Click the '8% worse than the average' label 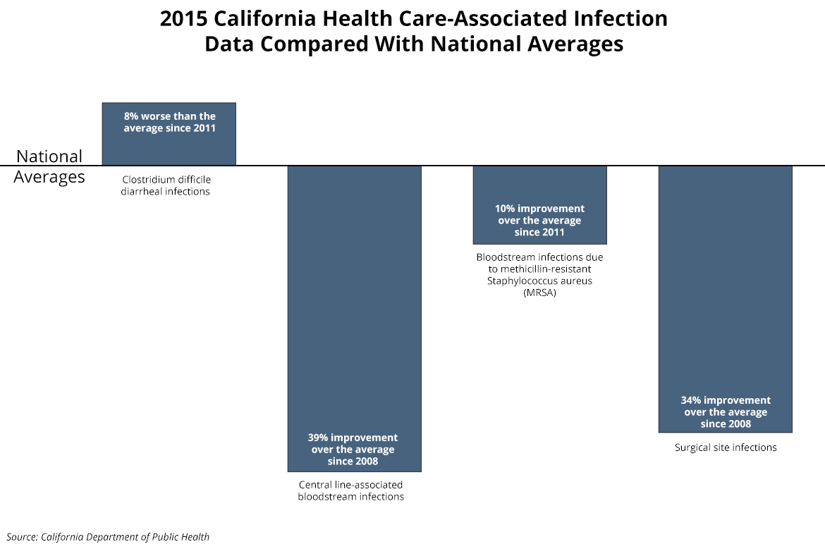(169, 122)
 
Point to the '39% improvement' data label (353, 449)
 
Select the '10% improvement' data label (539, 220)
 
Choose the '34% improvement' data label (726, 412)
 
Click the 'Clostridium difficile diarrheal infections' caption (166, 185)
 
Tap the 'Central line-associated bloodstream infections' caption (351, 491)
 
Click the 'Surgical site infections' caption (726, 448)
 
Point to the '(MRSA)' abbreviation (539, 293)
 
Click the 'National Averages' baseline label (49, 166)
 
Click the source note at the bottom (109, 537)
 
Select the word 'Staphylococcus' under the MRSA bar (522, 280)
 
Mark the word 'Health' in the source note (195, 537)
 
